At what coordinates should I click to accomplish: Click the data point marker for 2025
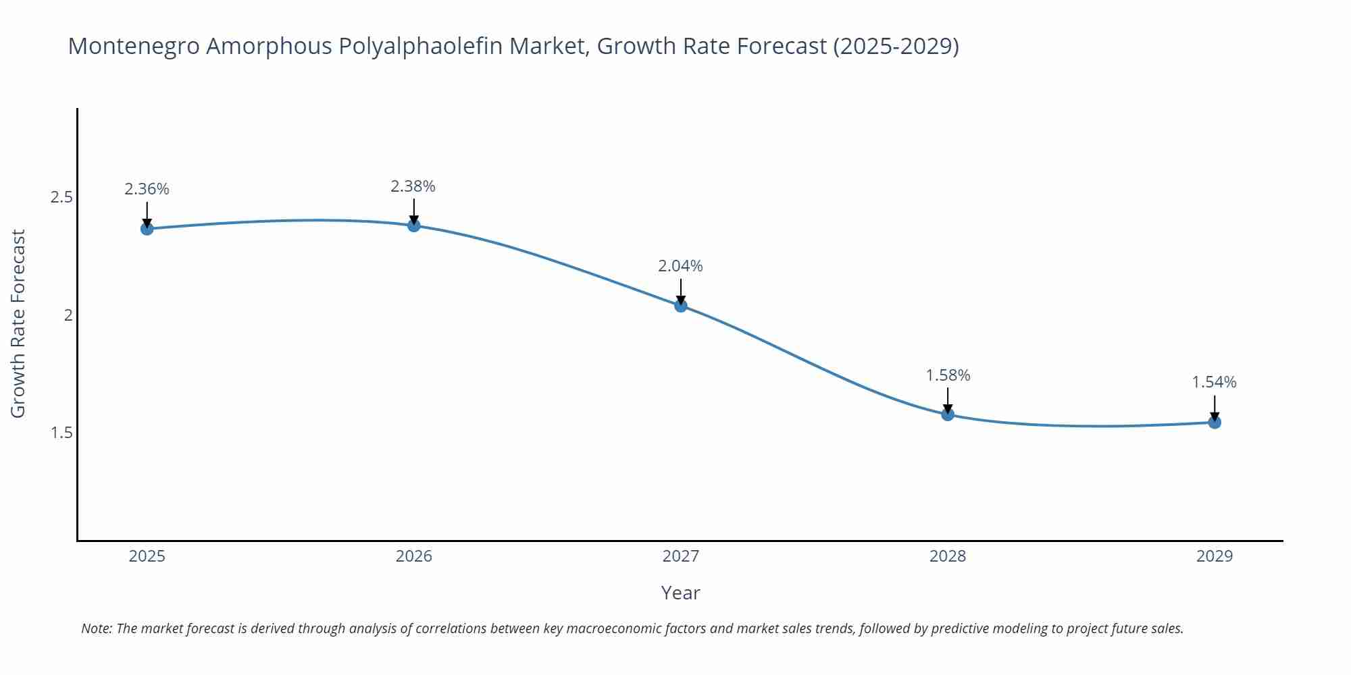147,229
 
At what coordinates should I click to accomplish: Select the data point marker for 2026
414,225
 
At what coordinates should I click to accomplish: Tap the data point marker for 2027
681,306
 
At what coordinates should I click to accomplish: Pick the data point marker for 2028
948,414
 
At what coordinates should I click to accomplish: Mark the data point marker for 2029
1215,423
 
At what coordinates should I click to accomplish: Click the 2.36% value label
147,189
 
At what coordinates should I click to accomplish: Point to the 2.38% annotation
413,186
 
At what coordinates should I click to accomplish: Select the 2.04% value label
681,266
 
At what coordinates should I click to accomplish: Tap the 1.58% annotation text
948,375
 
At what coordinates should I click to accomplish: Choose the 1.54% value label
1214,383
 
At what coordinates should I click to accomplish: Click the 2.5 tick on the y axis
61,198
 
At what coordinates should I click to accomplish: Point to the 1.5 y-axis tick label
61,433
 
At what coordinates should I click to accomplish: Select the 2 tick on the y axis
68,315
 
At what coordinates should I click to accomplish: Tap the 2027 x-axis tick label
681,556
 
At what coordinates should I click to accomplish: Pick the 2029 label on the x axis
1215,556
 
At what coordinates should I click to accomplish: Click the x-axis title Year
680,593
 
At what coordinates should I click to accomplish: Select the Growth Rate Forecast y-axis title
18,324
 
